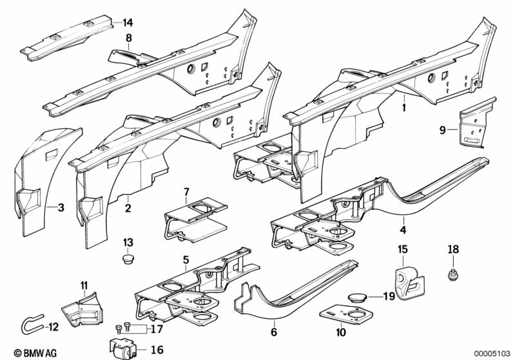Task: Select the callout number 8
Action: [128, 39]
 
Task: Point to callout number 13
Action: [128, 242]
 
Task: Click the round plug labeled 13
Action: [128, 259]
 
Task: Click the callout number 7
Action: [186, 191]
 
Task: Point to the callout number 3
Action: [61, 207]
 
